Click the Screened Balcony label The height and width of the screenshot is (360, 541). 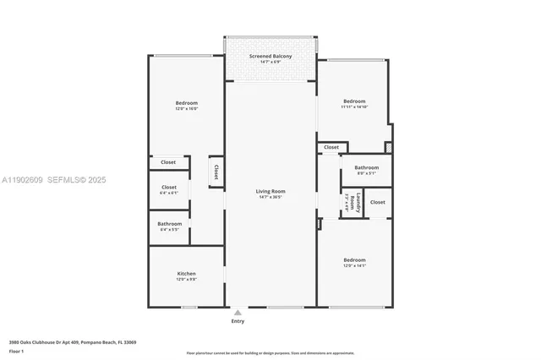tap(270, 57)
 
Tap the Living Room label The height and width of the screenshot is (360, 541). tap(270, 191)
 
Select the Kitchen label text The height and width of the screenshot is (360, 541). tap(187, 274)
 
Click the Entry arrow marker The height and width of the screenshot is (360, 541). tap(238, 312)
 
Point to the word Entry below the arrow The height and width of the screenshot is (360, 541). tap(238, 322)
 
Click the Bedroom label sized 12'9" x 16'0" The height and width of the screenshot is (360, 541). tap(186, 102)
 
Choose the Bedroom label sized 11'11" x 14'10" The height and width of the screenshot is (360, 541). tap(354, 101)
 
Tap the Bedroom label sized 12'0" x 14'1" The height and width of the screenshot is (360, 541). tap(354, 259)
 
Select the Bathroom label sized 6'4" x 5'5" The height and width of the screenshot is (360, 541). tap(170, 224)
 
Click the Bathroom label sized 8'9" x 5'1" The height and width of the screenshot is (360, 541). tap(366, 167)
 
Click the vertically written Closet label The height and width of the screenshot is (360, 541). tap(216, 172)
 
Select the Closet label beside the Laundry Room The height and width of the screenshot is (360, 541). tap(377, 202)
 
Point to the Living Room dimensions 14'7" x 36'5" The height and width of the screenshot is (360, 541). tap(270, 197)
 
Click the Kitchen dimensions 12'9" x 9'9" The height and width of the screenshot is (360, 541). tap(187, 280)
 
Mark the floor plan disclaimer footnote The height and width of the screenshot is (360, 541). tap(270, 352)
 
